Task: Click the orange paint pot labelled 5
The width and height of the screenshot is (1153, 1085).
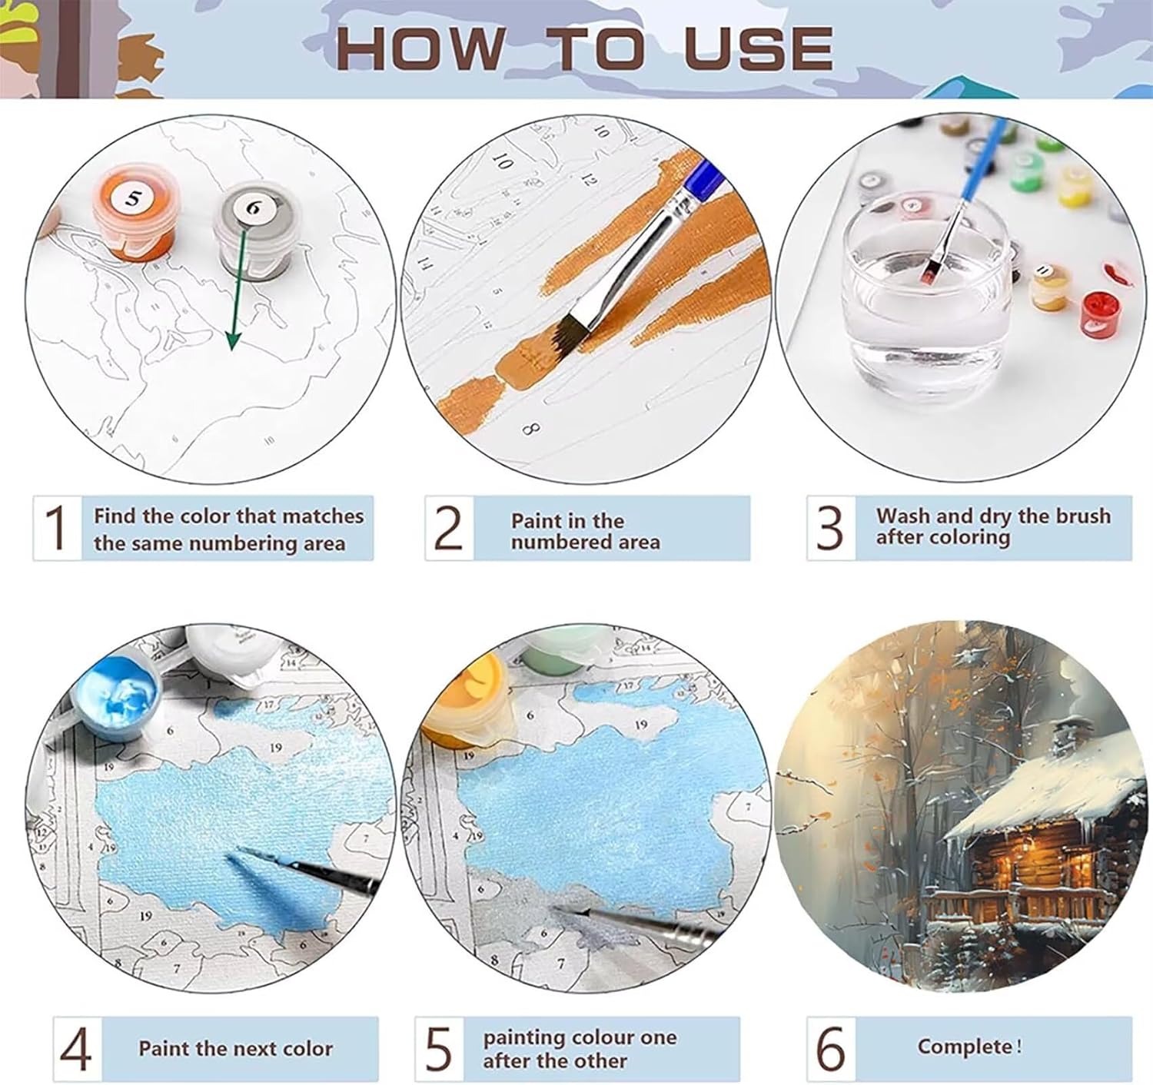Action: click(x=135, y=213)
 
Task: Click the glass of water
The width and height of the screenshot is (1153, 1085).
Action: click(x=924, y=297)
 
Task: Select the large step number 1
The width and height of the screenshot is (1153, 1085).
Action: click(x=56, y=528)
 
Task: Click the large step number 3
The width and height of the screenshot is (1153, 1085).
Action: click(x=829, y=528)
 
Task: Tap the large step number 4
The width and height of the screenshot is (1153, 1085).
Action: click(x=76, y=1049)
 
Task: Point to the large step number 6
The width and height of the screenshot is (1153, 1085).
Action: click(x=831, y=1048)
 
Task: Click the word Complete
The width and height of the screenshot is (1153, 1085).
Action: click(x=965, y=1046)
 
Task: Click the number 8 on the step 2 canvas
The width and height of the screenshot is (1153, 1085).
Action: click(x=530, y=429)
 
